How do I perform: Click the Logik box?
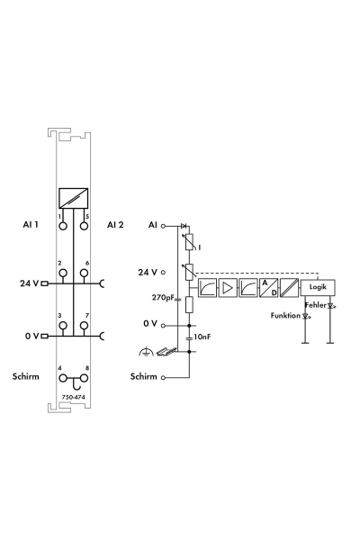[x=318, y=287]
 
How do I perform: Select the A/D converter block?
[x=269, y=288]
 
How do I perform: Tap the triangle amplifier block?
[x=228, y=288]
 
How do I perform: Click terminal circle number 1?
[x=63, y=226]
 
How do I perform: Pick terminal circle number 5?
[x=84, y=226]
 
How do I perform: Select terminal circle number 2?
[x=63, y=274]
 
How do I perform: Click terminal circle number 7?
[x=84, y=326]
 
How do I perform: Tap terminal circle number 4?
[x=63, y=378]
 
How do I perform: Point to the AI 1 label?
[x=31, y=225]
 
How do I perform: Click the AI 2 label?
[x=115, y=225]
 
